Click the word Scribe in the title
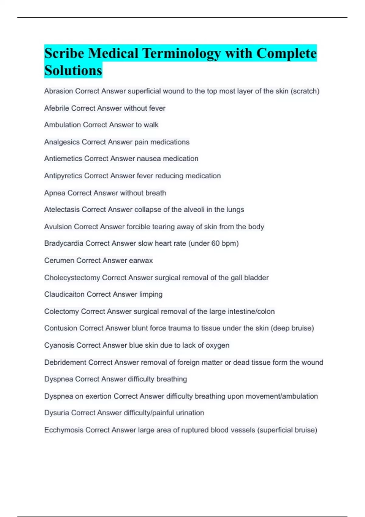(64, 54)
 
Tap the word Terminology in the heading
(182, 54)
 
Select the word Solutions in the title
(73, 71)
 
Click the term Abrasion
(58, 91)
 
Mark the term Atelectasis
(62, 210)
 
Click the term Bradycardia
(64, 243)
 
